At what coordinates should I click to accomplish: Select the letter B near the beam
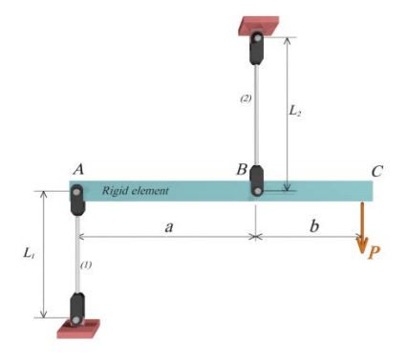[243, 170]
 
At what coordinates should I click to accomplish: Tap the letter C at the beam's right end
[377, 172]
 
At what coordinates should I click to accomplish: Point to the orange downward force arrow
[362, 229]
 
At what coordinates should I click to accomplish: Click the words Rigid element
[136, 191]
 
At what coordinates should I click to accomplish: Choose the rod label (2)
[246, 98]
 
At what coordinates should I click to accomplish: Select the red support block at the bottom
[77, 329]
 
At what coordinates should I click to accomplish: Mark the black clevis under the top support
[257, 48]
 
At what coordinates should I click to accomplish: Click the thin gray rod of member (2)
[257, 115]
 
